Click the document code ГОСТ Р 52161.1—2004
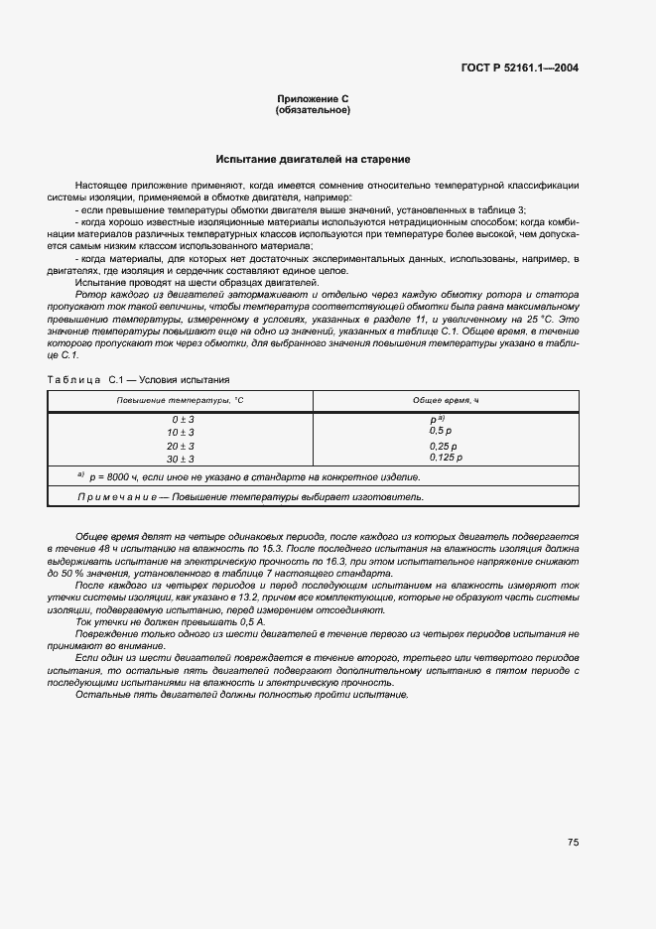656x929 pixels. tap(521, 68)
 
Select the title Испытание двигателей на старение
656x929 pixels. tap(313, 159)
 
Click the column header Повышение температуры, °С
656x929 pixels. tap(180, 400)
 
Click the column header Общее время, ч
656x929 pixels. tap(446, 400)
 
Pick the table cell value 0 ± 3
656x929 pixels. tap(182, 420)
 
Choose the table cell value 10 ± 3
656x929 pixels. tap(181, 433)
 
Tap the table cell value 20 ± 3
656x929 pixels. tap(181, 446)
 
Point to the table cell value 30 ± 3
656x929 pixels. tap(181, 459)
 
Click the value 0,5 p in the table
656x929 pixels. tap(440, 431)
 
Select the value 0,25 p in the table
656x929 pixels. tap(442, 445)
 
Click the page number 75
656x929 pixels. tap(573, 842)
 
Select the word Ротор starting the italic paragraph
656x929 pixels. tap(90, 295)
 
